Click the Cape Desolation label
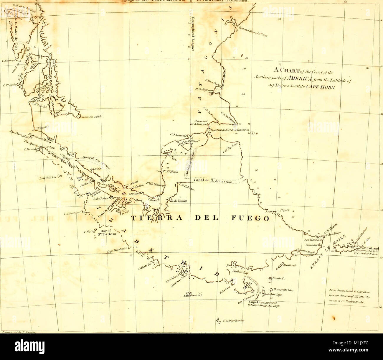[116, 250]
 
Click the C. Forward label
[153, 200]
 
